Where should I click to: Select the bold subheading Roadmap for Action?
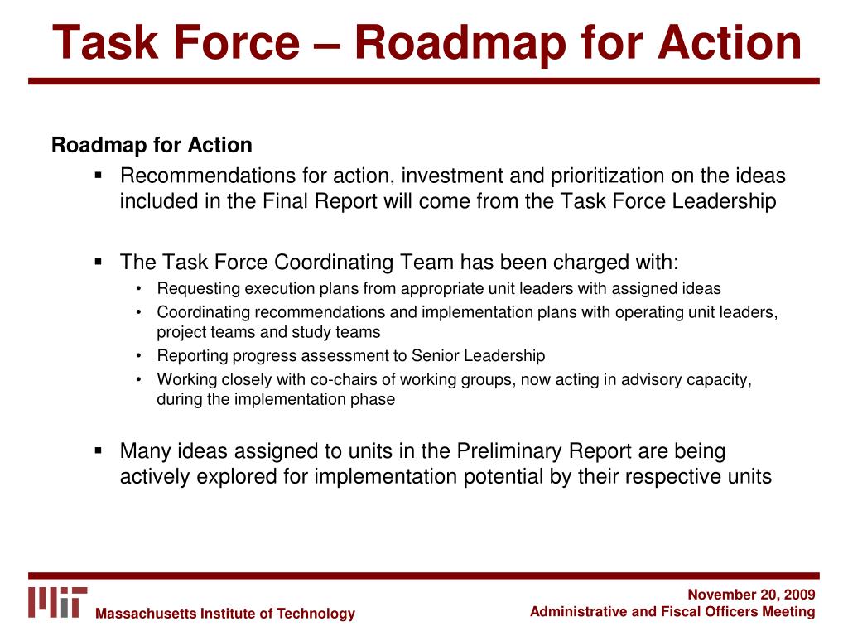(x=152, y=146)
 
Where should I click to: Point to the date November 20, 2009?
(x=752, y=595)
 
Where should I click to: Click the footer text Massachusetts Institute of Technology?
(x=225, y=614)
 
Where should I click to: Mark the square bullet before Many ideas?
(x=98, y=451)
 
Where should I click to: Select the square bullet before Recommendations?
(x=98, y=176)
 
